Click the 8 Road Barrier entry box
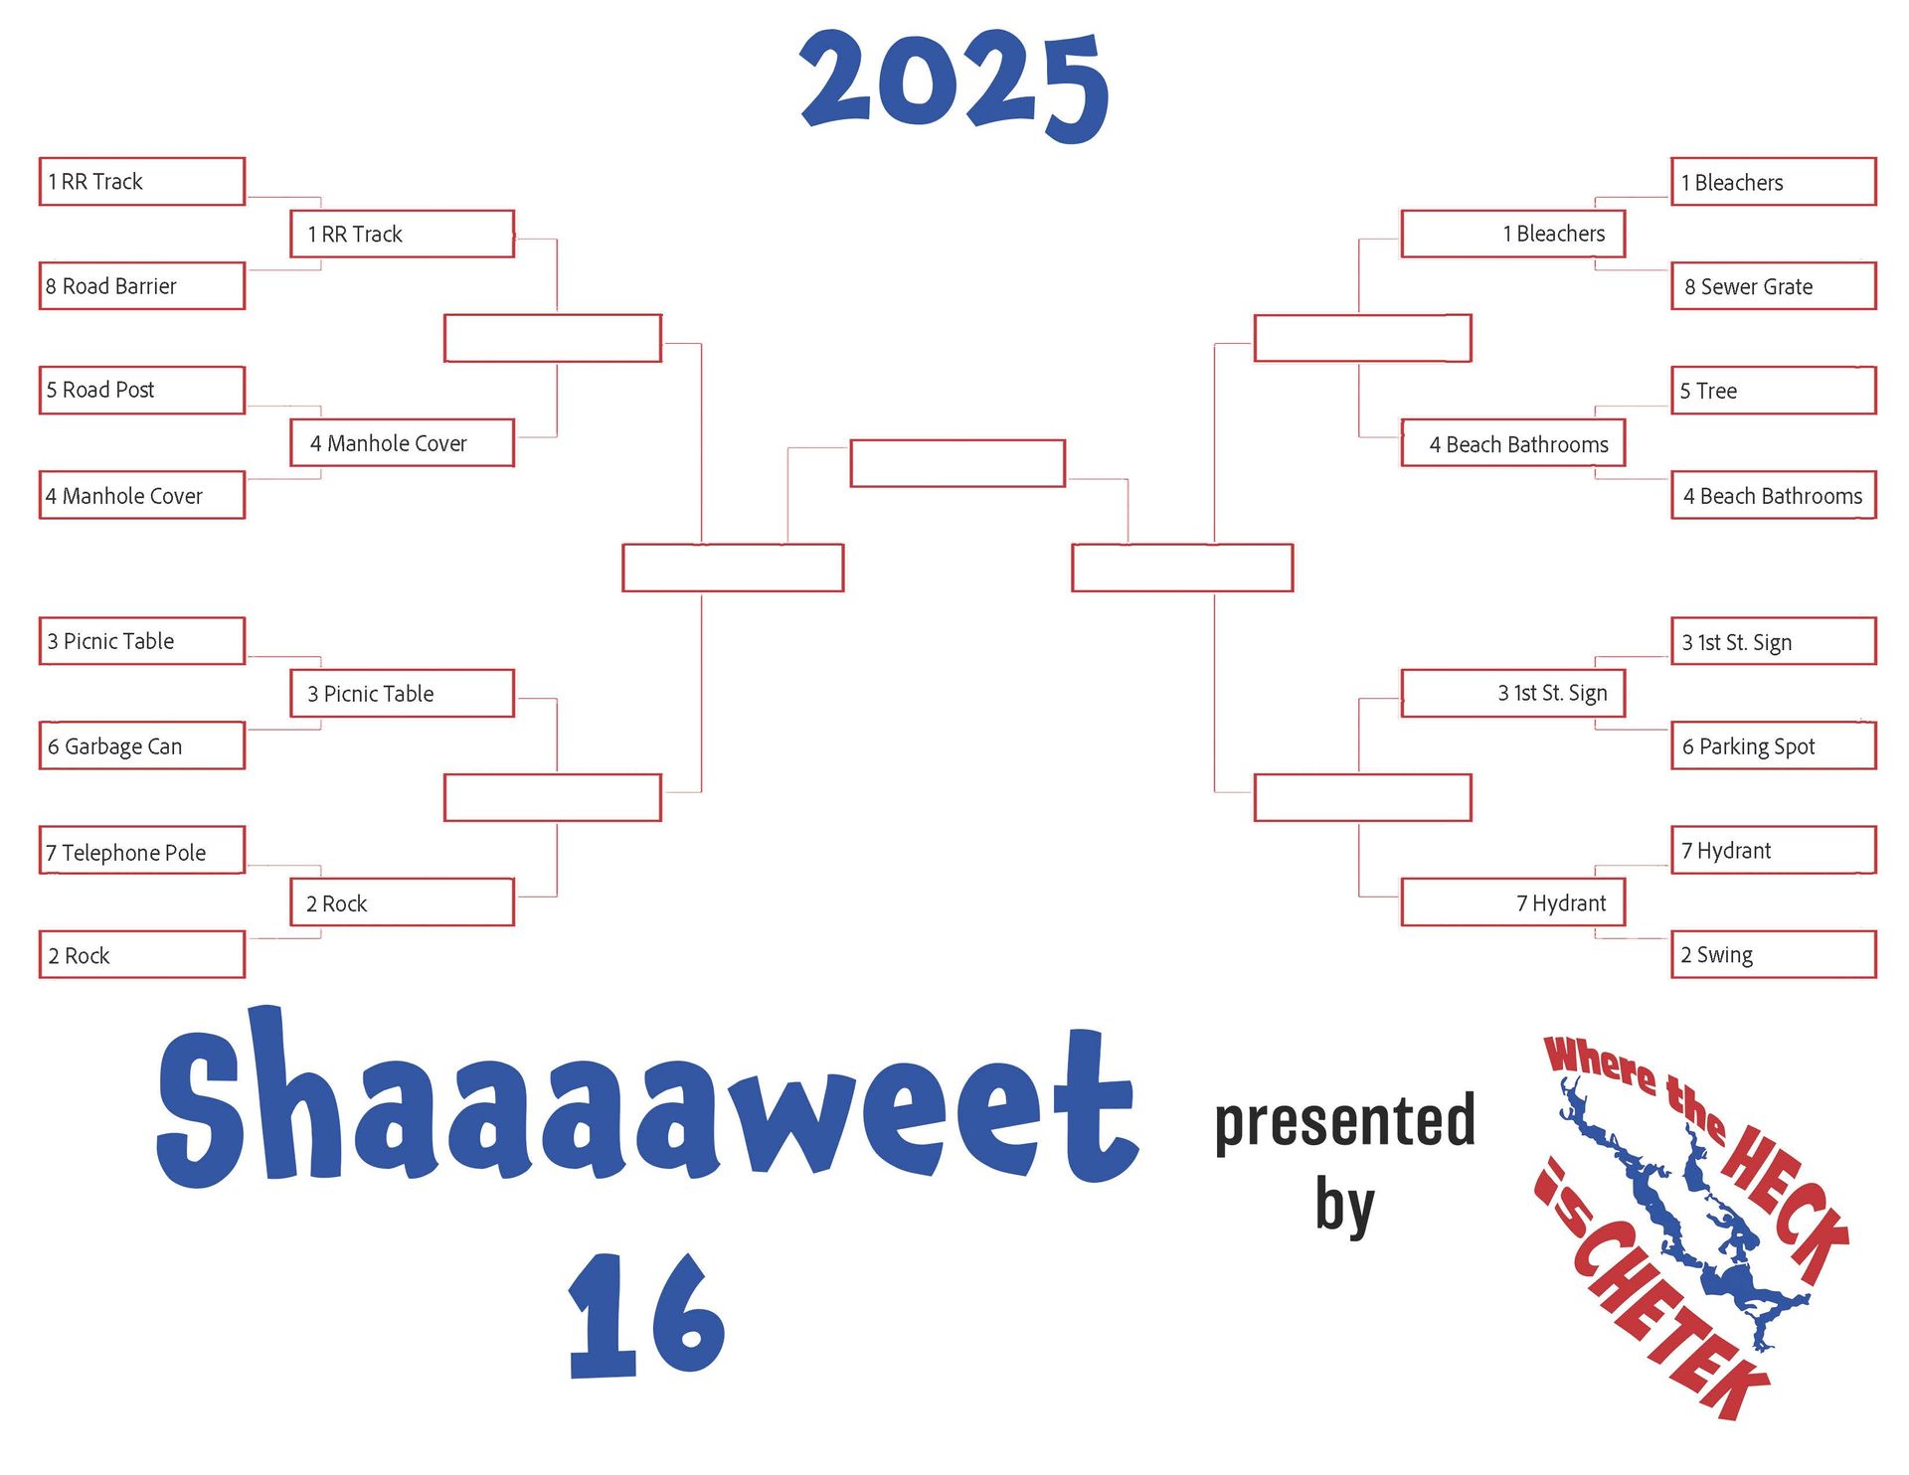142,286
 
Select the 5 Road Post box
142,390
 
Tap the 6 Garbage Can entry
142,745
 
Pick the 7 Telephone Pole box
142,851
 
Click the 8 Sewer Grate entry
1774,286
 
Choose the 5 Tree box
1774,391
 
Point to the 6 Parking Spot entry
1774,745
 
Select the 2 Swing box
1774,954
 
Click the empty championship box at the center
957,463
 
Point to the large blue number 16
646,1314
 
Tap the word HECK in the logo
1785,1203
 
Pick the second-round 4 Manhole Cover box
403,442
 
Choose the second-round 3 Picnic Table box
403,693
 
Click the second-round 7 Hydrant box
1513,902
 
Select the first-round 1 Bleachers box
1774,182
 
